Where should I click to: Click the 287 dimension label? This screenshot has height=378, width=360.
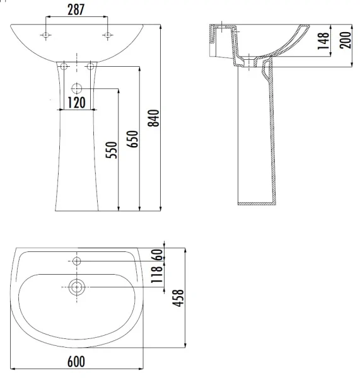click(x=76, y=10)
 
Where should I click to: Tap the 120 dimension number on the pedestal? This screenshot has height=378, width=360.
click(x=76, y=103)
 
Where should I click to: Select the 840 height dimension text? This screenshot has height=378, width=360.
click(x=154, y=118)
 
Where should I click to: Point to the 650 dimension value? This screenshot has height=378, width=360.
click(x=132, y=139)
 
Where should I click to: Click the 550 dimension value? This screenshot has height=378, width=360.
click(x=111, y=150)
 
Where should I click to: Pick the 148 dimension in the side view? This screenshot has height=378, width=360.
click(x=323, y=41)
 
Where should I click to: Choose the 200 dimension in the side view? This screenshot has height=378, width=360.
click(x=345, y=40)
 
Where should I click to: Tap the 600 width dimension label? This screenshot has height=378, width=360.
click(x=76, y=362)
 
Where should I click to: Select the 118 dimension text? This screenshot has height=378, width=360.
click(x=157, y=275)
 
